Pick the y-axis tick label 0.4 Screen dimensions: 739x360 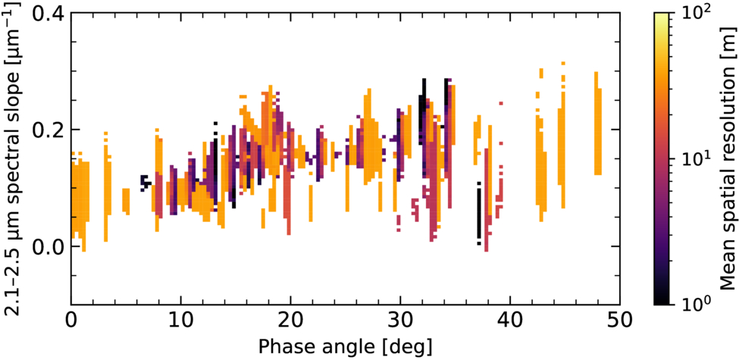click(x=49, y=13)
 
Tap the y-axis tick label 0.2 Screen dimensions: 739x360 click(x=49, y=130)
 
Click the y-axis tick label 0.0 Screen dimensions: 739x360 click(x=49, y=246)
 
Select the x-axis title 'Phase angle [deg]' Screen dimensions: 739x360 click(x=345, y=347)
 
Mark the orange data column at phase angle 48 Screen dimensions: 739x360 click(x=597, y=124)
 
